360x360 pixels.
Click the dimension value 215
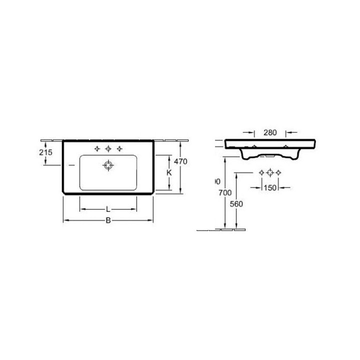pos(45,153)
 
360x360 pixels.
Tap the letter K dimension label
pos(169,172)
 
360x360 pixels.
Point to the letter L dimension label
pos(108,208)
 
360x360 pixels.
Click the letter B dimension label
pos(108,220)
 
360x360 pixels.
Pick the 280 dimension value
pos(270,132)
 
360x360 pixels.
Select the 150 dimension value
pos(270,187)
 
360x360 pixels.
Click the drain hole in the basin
pos(108,165)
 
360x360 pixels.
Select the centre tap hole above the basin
pos(108,148)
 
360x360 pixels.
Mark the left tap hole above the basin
pos(97,148)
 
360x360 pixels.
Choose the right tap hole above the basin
pos(119,148)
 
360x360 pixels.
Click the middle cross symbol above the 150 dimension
pos(270,172)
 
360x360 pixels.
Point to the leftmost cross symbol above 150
pos(261,172)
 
